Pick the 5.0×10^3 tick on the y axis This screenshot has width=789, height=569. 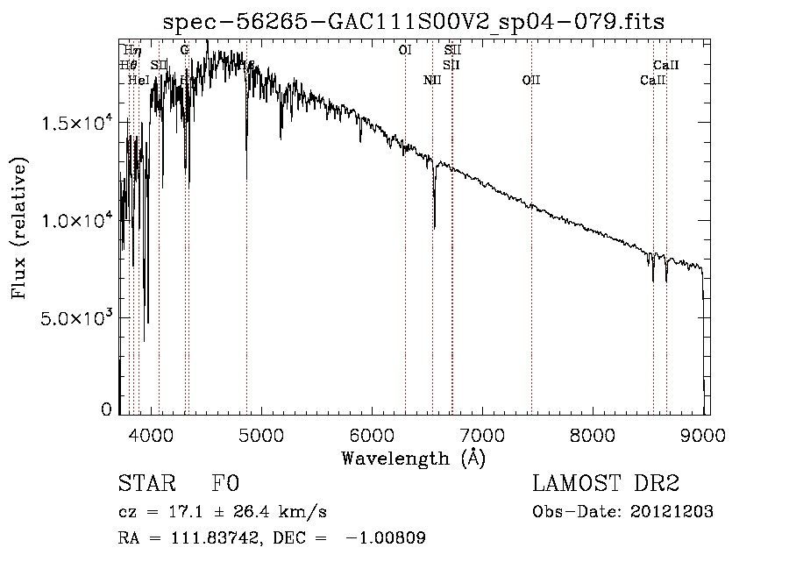pos(77,317)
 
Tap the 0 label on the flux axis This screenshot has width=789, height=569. pos(107,409)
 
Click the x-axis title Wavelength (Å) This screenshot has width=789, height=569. pos(413,458)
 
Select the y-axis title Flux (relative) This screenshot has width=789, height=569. pos(19,227)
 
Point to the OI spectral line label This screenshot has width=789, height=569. pos(405,51)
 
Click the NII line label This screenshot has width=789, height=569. pos(432,81)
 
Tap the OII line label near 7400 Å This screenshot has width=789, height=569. pos(531,81)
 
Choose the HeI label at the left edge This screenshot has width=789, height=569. pos(139,81)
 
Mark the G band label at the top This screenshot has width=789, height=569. pos(185,51)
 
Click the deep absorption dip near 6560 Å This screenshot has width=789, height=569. pos(435,224)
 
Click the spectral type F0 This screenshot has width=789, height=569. pos(224,483)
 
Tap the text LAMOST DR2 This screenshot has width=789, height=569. pos(606,483)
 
